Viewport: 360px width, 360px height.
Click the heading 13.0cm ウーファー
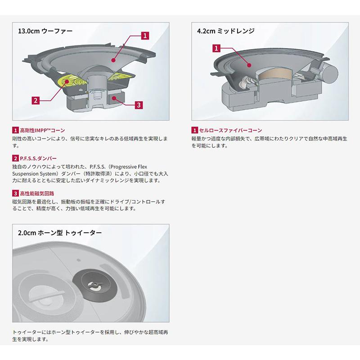(45, 32)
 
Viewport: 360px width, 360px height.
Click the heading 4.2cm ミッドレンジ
(225, 32)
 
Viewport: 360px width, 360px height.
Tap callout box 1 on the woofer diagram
(145, 35)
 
